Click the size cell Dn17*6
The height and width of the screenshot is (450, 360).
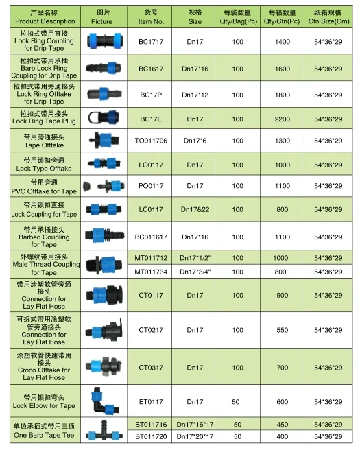point(195,141)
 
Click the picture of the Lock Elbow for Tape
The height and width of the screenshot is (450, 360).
point(102,402)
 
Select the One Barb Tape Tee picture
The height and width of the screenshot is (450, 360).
point(102,431)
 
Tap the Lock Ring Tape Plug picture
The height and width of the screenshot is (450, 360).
point(102,119)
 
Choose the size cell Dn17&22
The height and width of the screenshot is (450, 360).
point(195,209)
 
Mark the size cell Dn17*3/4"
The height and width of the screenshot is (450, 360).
point(195,272)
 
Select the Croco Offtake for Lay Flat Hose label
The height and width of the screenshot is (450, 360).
point(44,368)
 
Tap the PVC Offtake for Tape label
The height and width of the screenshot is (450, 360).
point(44,186)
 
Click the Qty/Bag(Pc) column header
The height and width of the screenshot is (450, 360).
point(238,16)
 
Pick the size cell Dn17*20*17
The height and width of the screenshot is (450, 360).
point(195,436)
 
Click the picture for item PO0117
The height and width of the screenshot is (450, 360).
point(102,186)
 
